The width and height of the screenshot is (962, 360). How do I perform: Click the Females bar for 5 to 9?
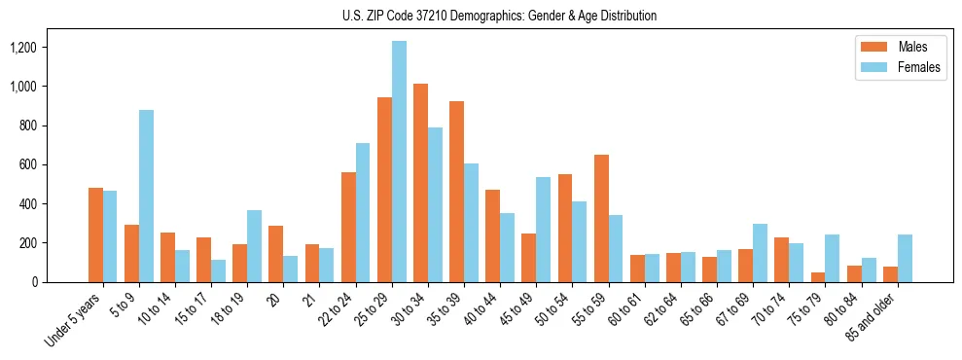click(146, 196)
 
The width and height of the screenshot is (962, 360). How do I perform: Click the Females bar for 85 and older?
click(905, 258)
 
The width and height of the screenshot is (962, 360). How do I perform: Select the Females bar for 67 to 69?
click(761, 253)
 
